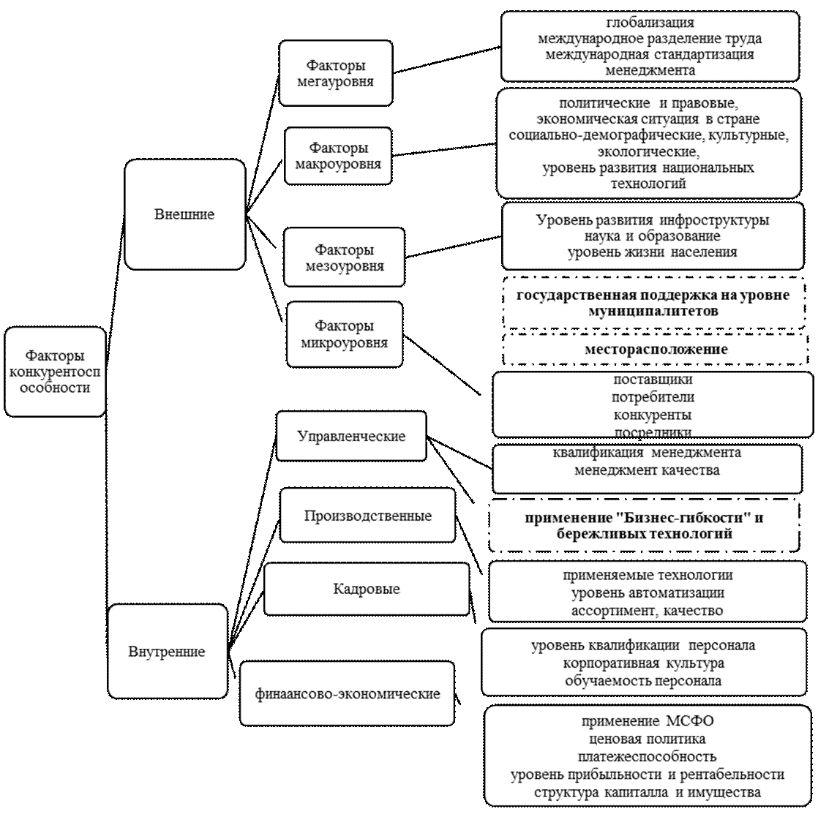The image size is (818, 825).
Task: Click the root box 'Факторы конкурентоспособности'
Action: click(55, 372)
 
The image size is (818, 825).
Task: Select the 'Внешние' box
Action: click(184, 214)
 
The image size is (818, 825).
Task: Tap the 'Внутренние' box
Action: click(167, 651)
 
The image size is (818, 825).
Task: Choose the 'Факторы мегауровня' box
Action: click(335, 73)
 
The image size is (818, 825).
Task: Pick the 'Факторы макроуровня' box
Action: click(338, 156)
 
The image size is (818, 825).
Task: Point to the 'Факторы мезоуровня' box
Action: click(344, 257)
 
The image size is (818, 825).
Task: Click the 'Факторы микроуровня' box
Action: click(344, 334)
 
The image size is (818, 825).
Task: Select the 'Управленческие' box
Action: click(351, 436)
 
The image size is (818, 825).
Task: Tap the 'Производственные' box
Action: click(367, 516)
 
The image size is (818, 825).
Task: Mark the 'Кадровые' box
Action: click(366, 588)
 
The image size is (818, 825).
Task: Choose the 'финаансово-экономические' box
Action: click(348, 693)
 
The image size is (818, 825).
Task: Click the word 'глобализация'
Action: click(650, 23)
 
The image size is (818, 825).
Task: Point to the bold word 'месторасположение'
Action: click(656, 349)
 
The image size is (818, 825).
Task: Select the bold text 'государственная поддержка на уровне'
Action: click(653, 295)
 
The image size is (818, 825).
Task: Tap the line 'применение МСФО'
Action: click(648, 721)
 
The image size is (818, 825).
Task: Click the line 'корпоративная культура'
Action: click(644, 663)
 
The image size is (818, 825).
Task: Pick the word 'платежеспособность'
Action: click(647, 756)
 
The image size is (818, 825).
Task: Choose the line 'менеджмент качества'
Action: click(647, 470)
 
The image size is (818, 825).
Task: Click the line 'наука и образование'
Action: click(653, 236)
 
